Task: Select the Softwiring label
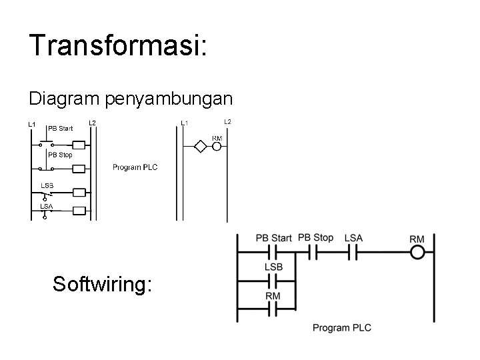pyautogui.click(x=103, y=285)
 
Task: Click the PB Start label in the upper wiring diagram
pyautogui.click(x=61, y=128)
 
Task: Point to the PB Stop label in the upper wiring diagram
pyautogui.click(x=60, y=155)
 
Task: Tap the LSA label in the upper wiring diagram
pyautogui.click(x=46, y=206)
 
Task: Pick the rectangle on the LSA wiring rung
pyautogui.click(x=79, y=212)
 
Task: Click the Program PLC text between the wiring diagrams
pyautogui.click(x=135, y=167)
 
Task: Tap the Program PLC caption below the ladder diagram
pyautogui.click(x=342, y=327)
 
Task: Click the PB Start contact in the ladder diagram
pyautogui.click(x=273, y=253)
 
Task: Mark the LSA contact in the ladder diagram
pyautogui.click(x=353, y=253)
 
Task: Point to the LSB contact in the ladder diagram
pyautogui.click(x=273, y=281)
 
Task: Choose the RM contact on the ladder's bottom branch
pyautogui.click(x=273, y=309)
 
